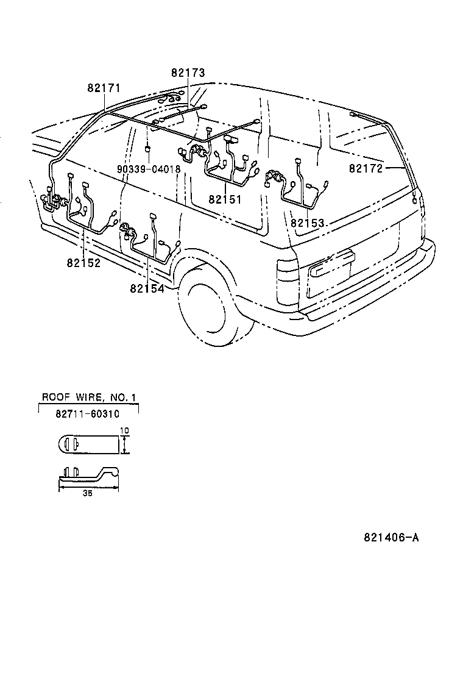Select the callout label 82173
pyautogui.click(x=188, y=73)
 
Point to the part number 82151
pyautogui.click(x=225, y=199)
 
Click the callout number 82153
pyautogui.click(x=307, y=223)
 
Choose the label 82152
pyautogui.click(x=84, y=263)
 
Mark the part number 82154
pyautogui.click(x=147, y=288)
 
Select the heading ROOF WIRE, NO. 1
pyautogui.click(x=89, y=398)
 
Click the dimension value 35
pyautogui.click(x=88, y=494)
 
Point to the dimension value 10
pyautogui.click(x=125, y=430)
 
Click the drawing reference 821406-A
pyautogui.click(x=392, y=538)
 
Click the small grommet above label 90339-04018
pyautogui.click(x=148, y=149)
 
